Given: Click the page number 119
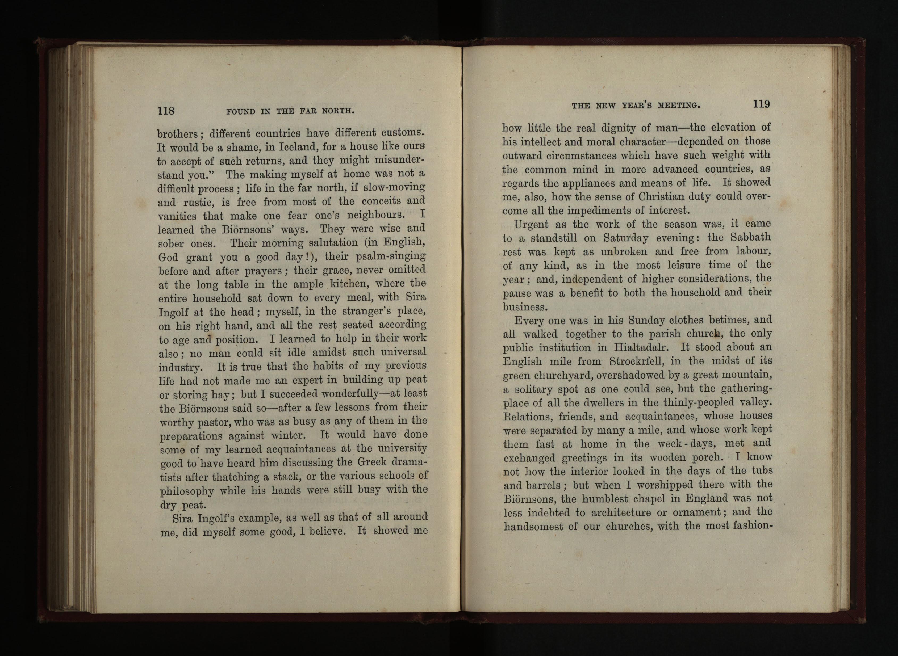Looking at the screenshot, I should tap(761, 104).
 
